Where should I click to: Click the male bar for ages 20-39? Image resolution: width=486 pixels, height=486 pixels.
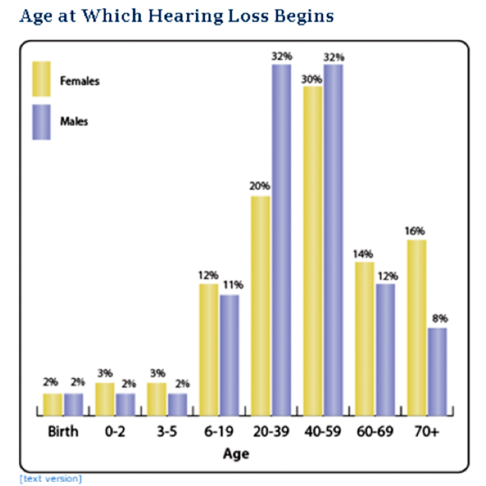[x=281, y=239]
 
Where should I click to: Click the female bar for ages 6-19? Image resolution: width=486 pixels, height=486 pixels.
[x=208, y=348]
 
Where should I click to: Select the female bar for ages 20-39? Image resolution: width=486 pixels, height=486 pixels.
[x=260, y=305]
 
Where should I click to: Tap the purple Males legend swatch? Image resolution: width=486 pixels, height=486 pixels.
[x=41, y=122]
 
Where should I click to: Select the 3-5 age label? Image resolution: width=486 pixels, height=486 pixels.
[x=166, y=432]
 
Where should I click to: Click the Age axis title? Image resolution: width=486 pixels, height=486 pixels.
[x=237, y=454]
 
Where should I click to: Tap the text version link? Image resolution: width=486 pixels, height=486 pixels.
[x=50, y=478]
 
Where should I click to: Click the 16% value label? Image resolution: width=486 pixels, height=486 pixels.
[x=416, y=231]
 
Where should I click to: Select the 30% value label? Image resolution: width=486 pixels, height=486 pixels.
[x=313, y=79]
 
